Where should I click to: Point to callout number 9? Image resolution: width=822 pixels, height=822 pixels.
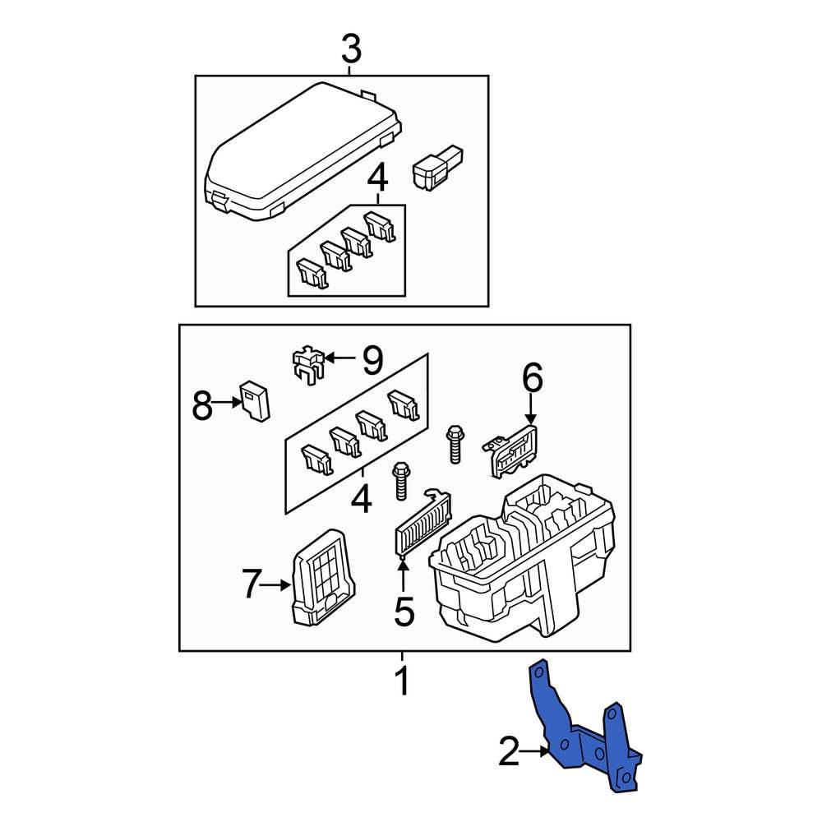tap(372, 358)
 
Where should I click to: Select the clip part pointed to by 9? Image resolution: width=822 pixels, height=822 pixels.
tap(306, 365)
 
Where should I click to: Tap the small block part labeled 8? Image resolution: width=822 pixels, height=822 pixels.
tap(256, 401)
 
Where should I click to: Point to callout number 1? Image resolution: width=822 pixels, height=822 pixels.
tap(402, 681)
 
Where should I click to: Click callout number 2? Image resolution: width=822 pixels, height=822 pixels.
tap(510, 751)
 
